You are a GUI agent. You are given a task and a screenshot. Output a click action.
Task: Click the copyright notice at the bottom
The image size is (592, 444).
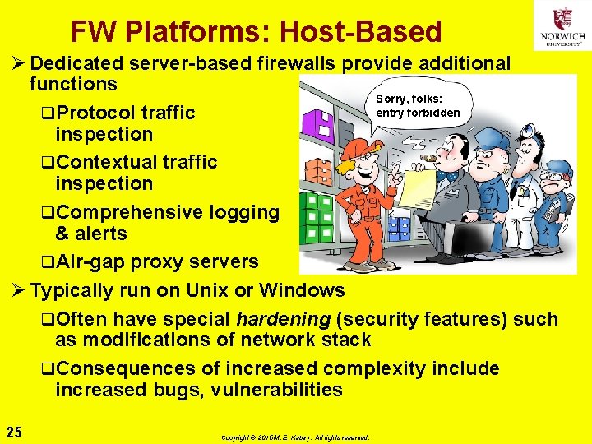coord(295,437)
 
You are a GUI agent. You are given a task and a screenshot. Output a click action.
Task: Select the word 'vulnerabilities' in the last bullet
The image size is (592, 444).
coord(274,390)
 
